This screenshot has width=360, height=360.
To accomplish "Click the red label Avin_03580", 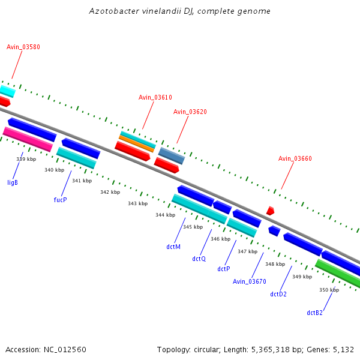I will (x=23, y=47).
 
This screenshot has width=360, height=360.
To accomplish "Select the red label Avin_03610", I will (x=155, y=97).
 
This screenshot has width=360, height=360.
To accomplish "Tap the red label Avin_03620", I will (x=190, y=112).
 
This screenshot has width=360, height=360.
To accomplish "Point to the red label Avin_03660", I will (x=295, y=158).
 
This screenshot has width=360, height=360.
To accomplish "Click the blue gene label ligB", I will (x=13, y=182).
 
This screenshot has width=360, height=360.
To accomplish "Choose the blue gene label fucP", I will (x=60, y=199).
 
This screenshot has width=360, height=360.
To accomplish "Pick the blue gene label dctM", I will (x=173, y=246).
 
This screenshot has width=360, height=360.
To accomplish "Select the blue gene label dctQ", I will (x=199, y=259).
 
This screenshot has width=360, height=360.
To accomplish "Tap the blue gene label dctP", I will (x=224, y=269).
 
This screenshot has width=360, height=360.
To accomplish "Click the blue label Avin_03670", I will (x=249, y=281).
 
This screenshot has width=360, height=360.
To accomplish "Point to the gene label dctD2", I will (x=278, y=294).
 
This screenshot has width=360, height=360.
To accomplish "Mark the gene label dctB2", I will (x=314, y=313).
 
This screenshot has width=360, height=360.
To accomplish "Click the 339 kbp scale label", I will (x=26, y=159).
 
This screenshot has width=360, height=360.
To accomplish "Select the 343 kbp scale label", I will (x=137, y=203).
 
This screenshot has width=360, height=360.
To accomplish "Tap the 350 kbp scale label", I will (x=329, y=290).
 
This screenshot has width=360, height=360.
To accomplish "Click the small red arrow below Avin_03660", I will (x=271, y=211).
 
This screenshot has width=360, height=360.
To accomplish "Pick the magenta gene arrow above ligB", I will (x=28, y=139).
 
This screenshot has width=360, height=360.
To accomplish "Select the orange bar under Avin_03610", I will (x=137, y=143).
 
